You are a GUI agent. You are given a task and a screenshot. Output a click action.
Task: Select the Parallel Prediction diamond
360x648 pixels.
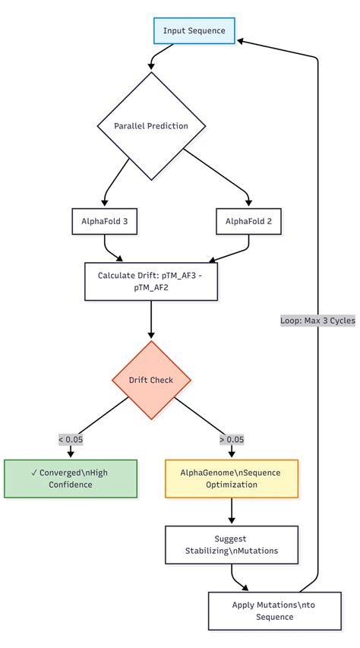tap(151, 126)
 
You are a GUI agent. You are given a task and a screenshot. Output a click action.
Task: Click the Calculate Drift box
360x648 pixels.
tap(151, 281)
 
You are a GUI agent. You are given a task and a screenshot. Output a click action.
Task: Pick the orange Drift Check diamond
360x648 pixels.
tap(151, 380)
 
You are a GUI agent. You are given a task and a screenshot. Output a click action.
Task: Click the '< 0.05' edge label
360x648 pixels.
tap(71, 439)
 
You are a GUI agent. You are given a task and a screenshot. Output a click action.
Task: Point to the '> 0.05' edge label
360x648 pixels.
tap(232, 439)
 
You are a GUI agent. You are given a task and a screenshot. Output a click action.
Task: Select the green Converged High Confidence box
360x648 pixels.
tap(71, 479)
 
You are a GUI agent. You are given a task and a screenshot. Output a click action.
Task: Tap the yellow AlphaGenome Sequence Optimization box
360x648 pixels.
tap(232, 479)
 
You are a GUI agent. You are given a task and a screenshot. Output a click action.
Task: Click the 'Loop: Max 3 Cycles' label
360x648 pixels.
tap(317, 321)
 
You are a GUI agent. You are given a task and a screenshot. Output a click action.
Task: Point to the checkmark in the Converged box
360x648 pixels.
tap(36, 473)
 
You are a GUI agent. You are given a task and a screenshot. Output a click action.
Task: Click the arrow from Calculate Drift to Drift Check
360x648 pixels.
tap(151, 319)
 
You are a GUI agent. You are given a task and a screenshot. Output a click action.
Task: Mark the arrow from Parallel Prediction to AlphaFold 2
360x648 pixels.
tap(220, 175)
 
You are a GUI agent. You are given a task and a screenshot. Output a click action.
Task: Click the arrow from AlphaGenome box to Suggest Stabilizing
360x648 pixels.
tap(232, 512)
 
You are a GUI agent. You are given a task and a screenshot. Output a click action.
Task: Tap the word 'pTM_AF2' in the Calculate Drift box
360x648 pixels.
tap(152, 288)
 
